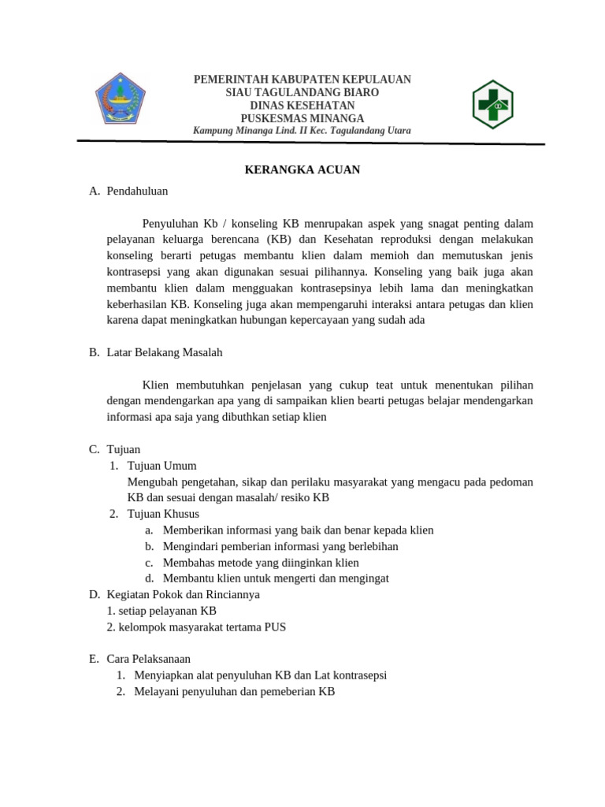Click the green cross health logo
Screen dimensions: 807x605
(492, 103)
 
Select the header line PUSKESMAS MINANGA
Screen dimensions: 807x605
(302, 118)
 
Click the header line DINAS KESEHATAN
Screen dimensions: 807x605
(302, 106)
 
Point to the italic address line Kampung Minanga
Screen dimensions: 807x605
(302, 131)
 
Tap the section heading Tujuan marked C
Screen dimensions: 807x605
(124, 449)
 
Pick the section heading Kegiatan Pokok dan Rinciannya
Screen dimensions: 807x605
(184, 594)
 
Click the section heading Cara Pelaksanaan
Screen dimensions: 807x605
(149, 659)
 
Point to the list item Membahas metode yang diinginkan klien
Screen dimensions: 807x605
(261, 563)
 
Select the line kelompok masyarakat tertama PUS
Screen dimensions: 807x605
(196, 627)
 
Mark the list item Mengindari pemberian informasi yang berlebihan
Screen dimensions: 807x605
(280, 546)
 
